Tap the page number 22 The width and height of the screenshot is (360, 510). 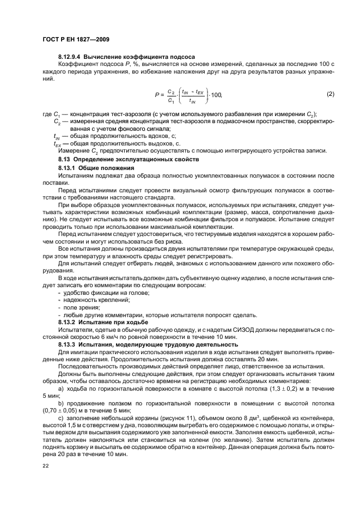tap(46, 466)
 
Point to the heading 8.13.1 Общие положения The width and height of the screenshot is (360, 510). tap(93, 168)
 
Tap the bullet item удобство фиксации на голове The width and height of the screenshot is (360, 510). tap(99, 293)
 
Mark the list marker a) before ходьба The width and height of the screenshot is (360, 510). tap(60, 388)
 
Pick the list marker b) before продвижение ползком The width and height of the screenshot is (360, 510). tap(60, 403)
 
